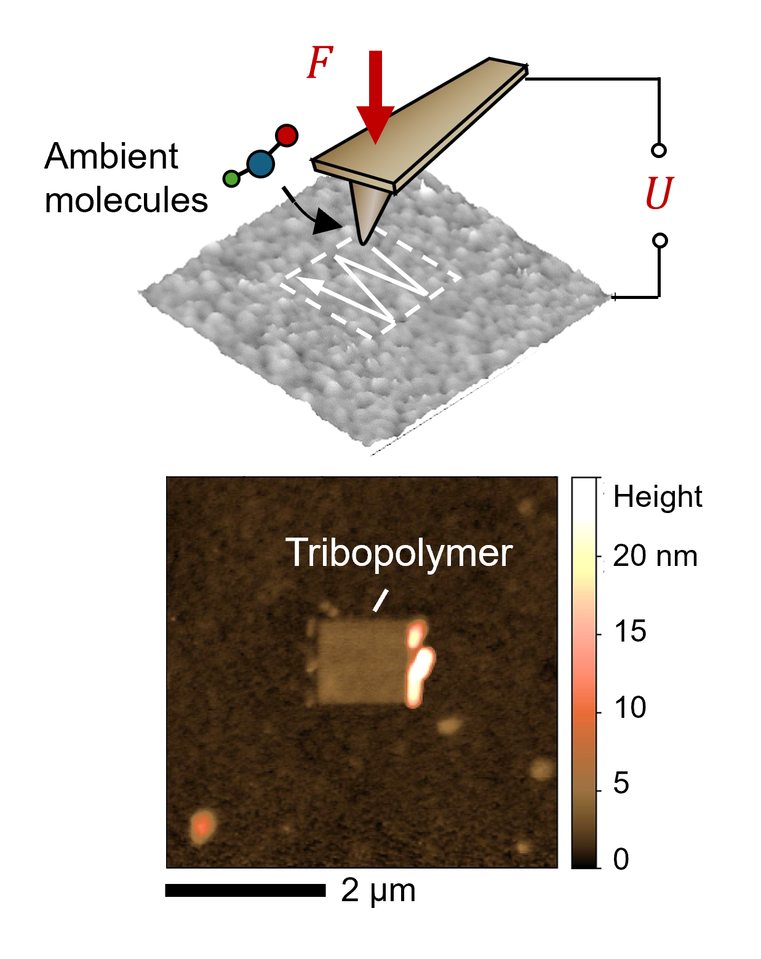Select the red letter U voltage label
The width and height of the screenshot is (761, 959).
[659, 194]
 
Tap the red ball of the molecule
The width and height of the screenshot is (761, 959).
[287, 135]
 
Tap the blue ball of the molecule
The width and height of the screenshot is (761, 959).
[261, 164]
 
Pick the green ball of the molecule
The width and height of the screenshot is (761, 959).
[231, 179]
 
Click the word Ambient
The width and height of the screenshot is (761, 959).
[111, 156]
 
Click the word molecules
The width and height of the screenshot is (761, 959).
[126, 201]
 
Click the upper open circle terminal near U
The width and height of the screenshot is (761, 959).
[659, 150]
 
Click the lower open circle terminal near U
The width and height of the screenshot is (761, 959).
[659, 241]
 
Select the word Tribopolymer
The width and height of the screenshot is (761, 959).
[399, 552]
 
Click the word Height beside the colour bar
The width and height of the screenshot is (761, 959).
[657, 496]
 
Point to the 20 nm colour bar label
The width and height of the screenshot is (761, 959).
[655, 556]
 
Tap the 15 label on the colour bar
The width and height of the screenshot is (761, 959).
[630, 632]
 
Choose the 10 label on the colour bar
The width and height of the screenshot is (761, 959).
[630, 707]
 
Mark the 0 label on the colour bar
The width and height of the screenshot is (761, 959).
[621, 859]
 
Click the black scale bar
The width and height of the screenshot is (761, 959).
[245, 890]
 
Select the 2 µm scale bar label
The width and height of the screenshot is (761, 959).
[378, 891]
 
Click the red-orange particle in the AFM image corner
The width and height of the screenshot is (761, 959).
[202, 826]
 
